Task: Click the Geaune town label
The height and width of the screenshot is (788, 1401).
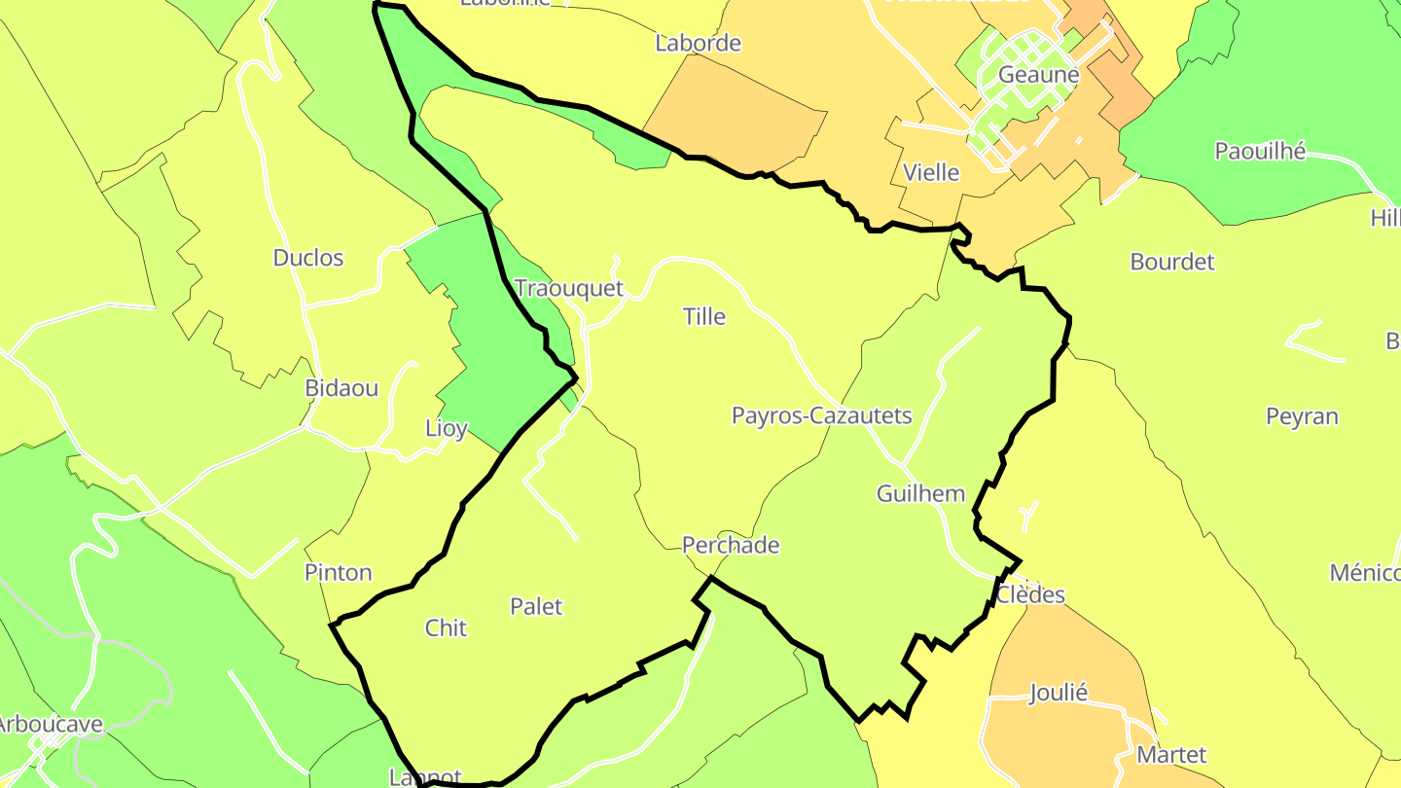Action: point(1038,75)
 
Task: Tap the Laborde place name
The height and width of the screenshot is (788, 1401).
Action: point(698,43)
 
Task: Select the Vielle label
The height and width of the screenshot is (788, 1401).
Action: point(931,173)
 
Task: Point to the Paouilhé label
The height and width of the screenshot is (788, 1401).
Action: point(1260,151)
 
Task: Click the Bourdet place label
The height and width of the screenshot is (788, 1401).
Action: point(1172,262)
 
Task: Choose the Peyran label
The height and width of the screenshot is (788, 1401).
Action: point(1302,416)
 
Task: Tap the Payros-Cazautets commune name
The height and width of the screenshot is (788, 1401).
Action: point(821,416)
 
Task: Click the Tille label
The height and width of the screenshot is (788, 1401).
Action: point(704,316)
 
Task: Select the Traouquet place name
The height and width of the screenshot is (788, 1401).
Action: point(569,289)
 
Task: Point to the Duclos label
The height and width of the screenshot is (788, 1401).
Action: point(308,258)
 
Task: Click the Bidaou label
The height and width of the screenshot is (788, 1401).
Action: point(341,388)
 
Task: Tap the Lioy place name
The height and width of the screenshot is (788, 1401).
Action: point(447,428)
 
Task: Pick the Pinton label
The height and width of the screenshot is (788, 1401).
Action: point(339,572)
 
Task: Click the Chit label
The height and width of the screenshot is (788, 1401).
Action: point(446,628)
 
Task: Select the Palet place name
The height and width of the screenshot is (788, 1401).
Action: point(536,607)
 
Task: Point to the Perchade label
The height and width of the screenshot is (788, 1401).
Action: point(731,545)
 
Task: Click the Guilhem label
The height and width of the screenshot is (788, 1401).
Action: point(920,493)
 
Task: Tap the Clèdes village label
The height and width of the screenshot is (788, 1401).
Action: point(1030,595)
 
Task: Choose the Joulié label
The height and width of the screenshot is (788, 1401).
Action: point(1059,694)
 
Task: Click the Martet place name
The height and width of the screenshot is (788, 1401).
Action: point(1171,755)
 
